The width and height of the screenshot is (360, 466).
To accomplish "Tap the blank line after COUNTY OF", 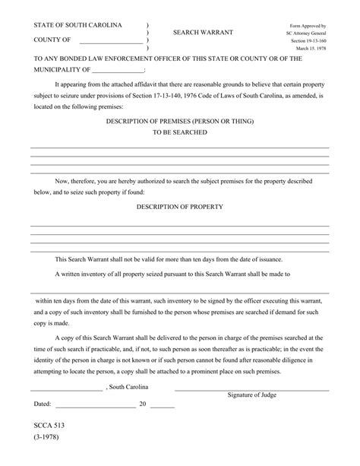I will tap(109, 43).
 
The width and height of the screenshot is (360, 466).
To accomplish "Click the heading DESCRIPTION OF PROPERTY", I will tap(179, 207).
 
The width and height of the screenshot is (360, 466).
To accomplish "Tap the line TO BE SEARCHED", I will tap(179, 132).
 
